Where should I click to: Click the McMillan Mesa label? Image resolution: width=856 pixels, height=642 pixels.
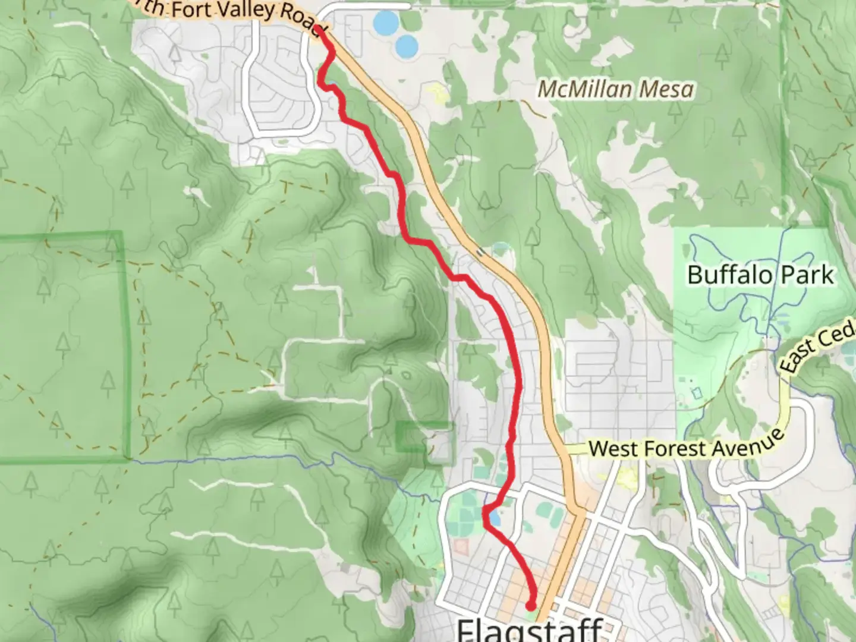click(615, 90)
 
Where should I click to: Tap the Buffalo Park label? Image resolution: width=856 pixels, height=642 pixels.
click(760, 275)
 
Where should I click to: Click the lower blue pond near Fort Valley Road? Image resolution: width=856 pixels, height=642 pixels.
click(406, 46)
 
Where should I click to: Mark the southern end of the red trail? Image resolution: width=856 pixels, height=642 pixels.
click(530, 605)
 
